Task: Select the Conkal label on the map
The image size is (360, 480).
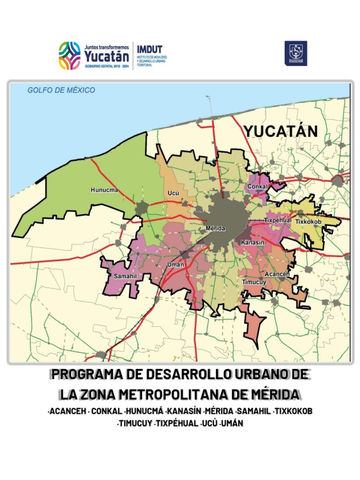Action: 257,187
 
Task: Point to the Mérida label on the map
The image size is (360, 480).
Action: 216,228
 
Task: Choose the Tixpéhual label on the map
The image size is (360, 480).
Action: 277,220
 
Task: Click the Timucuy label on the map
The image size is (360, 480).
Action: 254,282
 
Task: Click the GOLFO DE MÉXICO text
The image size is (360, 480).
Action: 61,90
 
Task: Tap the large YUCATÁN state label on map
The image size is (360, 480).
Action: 280,131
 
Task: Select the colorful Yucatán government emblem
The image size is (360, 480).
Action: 69,56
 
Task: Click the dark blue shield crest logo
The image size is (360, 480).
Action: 296,53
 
